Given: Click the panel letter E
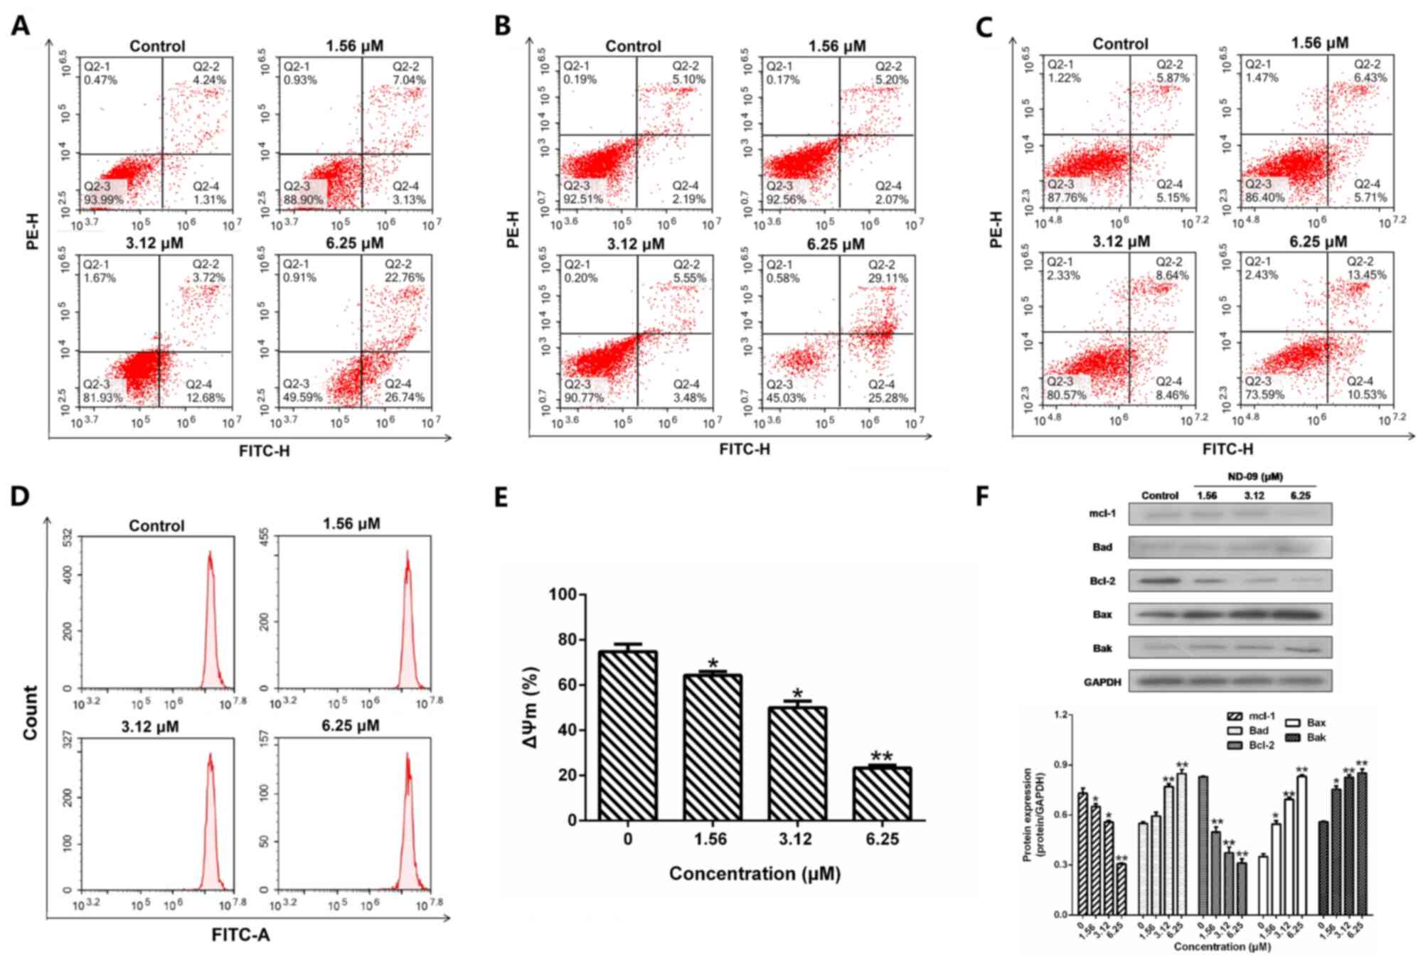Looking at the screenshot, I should (x=501, y=497).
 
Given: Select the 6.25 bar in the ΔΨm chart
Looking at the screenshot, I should (x=882, y=793).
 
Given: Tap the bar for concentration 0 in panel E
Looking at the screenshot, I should (x=628, y=735).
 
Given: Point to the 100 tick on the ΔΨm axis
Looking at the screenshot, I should (x=562, y=594).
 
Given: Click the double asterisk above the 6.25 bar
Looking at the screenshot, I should (x=882, y=756).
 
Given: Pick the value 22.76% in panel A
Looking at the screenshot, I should (x=405, y=277).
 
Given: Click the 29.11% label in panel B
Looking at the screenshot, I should (x=888, y=278).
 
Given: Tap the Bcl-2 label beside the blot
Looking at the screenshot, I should (x=1102, y=581).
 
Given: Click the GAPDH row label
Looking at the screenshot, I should (x=1102, y=682).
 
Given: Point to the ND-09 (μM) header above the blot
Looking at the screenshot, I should (x=1255, y=477).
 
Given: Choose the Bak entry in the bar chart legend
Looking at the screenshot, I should (x=1316, y=738).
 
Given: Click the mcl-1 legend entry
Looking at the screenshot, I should (x=1261, y=717).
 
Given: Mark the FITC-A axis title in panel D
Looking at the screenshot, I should (x=240, y=936).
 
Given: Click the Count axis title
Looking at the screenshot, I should (x=30, y=712).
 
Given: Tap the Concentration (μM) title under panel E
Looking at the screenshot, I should (x=755, y=874).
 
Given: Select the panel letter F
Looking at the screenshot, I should (x=982, y=496).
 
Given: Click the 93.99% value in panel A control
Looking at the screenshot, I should (x=104, y=200).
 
